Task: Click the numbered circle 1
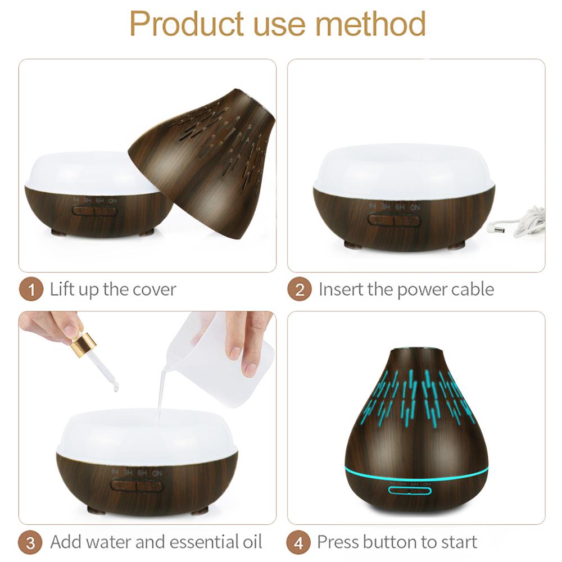tap(31, 290)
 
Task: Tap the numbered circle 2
tap(300, 290)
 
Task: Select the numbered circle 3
tap(31, 543)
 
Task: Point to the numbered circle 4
tap(300, 543)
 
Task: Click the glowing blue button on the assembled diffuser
tap(409, 490)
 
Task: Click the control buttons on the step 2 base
tap(395, 220)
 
